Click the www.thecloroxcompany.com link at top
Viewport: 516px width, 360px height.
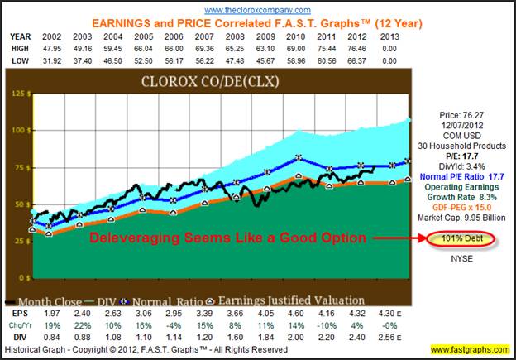(x=257, y=9)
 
